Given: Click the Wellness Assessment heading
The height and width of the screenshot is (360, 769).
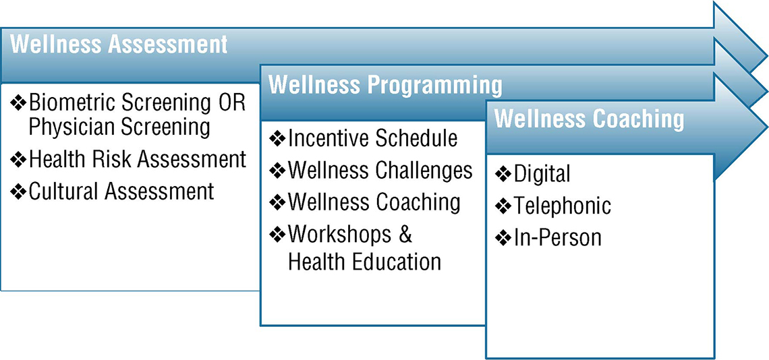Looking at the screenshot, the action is point(119,44).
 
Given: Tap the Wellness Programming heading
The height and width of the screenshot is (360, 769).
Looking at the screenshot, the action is point(385,86).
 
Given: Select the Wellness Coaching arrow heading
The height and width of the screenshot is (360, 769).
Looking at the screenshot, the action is point(589,119).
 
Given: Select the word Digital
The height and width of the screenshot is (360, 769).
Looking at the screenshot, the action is point(542,174).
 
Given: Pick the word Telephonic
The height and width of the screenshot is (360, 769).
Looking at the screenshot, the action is point(562,206).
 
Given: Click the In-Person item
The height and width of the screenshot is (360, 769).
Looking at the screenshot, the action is point(557,237).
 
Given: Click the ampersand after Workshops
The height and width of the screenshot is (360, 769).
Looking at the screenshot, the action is point(404,234).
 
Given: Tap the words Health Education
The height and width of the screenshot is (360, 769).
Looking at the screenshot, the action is point(364,262).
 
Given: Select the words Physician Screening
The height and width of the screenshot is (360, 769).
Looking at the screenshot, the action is point(119,127).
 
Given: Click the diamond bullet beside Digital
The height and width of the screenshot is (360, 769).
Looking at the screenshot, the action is point(503,174).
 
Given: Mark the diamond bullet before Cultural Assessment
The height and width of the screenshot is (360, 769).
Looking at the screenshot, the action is point(19,191).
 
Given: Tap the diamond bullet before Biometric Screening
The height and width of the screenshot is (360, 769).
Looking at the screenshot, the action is point(19,104).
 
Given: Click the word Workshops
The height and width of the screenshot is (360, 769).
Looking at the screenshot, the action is point(339,235).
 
